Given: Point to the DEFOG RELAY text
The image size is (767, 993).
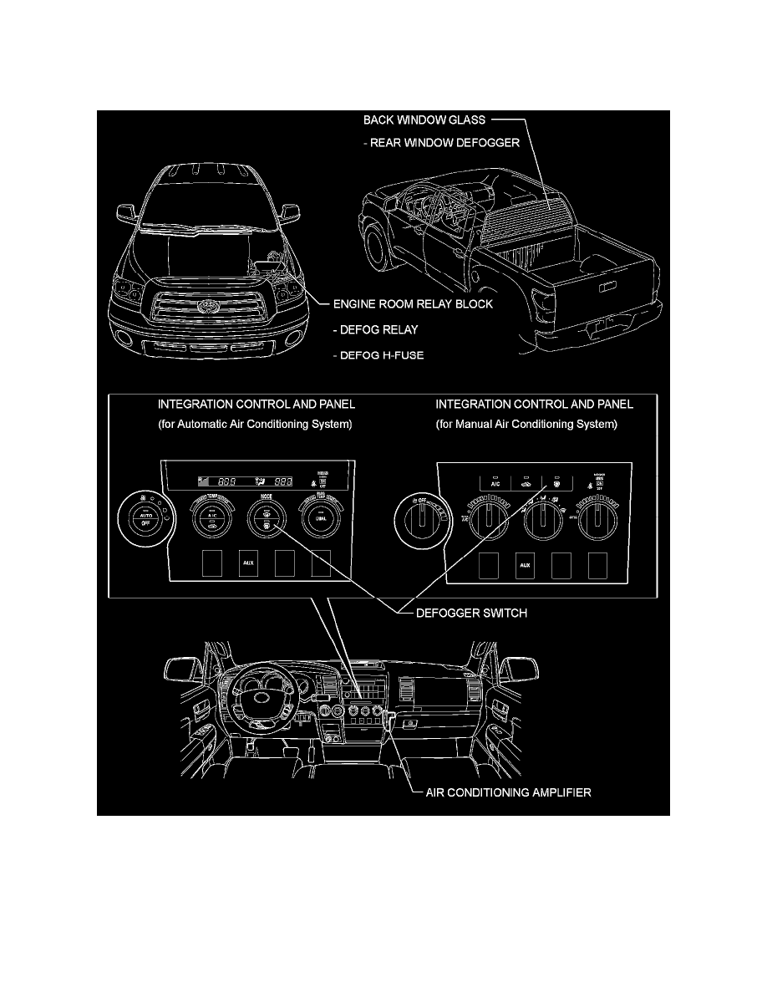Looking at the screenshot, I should pos(375,329).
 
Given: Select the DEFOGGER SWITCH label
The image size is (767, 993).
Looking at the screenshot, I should pos(471,614).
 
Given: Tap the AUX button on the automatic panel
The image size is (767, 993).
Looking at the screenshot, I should pos(248,564).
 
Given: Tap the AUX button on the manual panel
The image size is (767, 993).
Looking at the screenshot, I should pos(525,565).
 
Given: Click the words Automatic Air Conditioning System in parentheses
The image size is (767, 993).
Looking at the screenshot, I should pos(255,425).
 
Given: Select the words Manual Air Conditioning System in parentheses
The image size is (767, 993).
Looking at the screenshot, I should pos(526,425).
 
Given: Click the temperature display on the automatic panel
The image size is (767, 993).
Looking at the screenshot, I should pos(238,481).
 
